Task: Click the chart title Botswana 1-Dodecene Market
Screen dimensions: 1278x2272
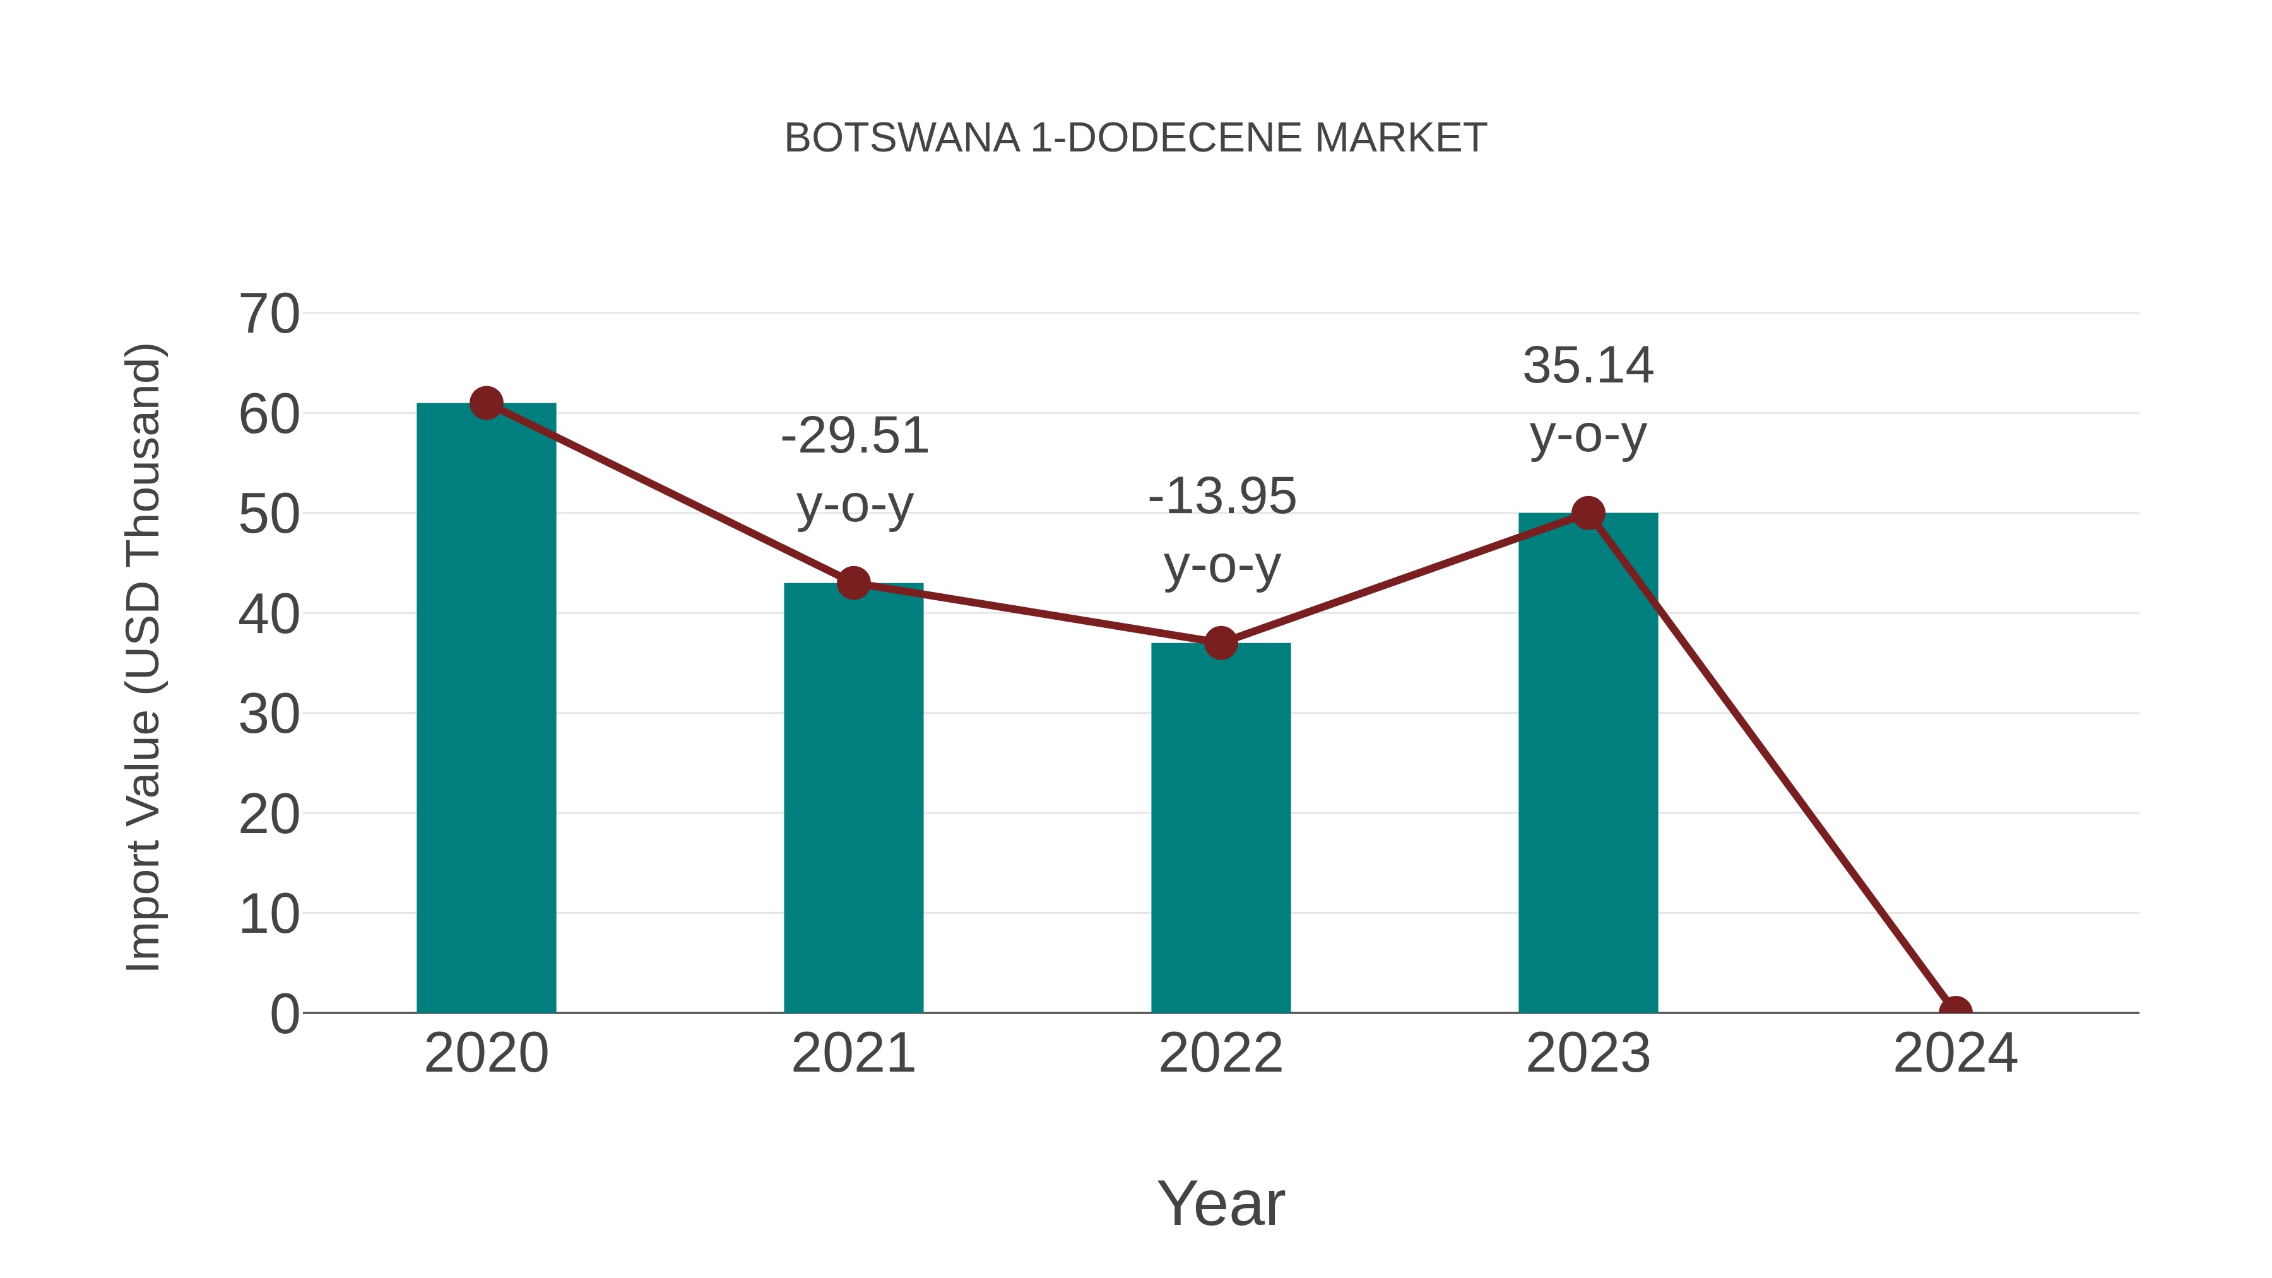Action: (1135, 138)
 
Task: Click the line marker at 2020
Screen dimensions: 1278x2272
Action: (486, 403)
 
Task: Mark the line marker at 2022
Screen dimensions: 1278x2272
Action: (1221, 643)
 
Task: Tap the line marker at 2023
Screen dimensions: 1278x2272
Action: (1588, 512)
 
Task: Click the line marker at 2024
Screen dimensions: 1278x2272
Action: (1955, 1011)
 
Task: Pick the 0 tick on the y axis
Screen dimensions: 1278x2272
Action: (284, 1014)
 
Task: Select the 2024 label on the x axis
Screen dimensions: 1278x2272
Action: (1955, 1053)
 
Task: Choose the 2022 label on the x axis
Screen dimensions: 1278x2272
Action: (1221, 1053)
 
